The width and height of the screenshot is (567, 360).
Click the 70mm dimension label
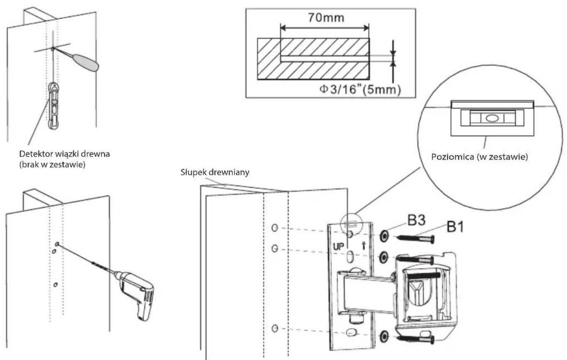[x=326, y=18]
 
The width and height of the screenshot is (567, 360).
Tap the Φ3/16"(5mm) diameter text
[x=360, y=89]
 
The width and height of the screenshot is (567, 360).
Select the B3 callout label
[x=416, y=220]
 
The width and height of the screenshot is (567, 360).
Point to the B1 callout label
[x=455, y=227]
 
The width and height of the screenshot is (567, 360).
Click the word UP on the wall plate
[x=339, y=247]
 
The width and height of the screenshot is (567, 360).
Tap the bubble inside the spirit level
[x=492, y=118]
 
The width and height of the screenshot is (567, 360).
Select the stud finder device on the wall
[x=54, y=105]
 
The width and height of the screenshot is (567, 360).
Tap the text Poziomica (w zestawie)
[x=479, y=157]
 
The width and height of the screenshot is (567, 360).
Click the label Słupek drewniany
[x=215, y=172]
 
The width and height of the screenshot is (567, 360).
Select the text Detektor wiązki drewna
[x=64, y=154]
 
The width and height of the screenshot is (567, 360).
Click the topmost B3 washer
[x=384, y=236]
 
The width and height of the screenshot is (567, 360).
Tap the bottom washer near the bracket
[x=384, y=336]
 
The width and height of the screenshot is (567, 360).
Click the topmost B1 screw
[x=416, y=239]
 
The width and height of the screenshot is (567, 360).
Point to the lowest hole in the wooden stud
[x=275, y=328]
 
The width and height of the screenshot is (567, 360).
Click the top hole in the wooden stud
[x=275, y=228]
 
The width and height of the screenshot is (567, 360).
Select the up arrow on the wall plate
[x=364, y=246]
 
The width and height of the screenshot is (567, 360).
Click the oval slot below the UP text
[x=350, y=257]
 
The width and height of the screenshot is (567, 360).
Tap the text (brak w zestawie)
[x=52, y=165]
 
